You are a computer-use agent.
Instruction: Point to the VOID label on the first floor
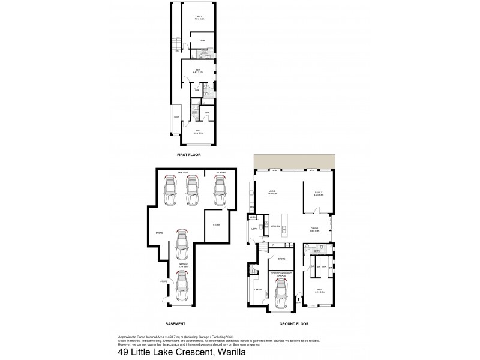point(176,117)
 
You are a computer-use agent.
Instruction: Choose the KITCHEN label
point(275,227)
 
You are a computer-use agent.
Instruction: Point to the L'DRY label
point(254,229)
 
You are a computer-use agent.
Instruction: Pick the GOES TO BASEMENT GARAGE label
point(280,273)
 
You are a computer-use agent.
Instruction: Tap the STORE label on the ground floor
point(281,259)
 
